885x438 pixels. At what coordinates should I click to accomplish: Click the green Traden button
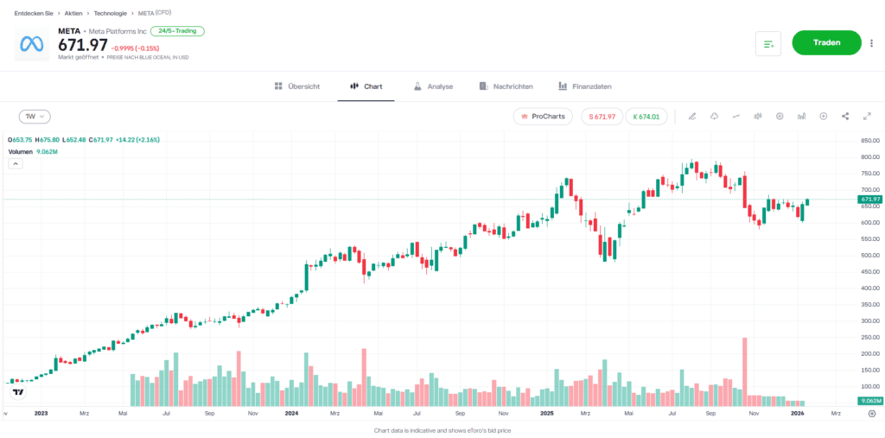click(x=826, y=42)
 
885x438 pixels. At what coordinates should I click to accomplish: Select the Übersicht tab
click(x=297, y=86)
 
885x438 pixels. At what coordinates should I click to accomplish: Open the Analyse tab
click(x=433, y=86)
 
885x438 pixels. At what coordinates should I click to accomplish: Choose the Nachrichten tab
click(x=506, y=86)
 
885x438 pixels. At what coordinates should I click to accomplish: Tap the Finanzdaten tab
click(x=585, y=86)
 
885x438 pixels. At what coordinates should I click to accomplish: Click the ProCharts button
click(x=543, y=116)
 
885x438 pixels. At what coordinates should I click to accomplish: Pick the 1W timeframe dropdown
click(x=35, y=116)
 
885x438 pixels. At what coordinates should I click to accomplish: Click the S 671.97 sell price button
click(x=602, y=116)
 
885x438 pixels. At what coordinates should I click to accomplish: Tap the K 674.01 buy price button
click(x=646, y=116)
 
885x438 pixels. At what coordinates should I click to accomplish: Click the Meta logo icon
click(x=32, y=43)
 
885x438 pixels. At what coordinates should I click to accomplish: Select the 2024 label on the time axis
click(x=291, y=414)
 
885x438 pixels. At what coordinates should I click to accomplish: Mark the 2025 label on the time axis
click(x=546, y=414)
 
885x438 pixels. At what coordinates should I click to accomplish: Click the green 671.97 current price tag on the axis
click(x=869, y=199)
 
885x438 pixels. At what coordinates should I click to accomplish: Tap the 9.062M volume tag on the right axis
click(x=869, y=402)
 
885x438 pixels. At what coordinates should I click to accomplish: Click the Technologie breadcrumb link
click(x=111, y=13)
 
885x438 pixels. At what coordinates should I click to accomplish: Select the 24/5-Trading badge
click(x=176, y=31)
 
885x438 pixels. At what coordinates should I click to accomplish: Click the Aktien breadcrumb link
click(x=73, y=13)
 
